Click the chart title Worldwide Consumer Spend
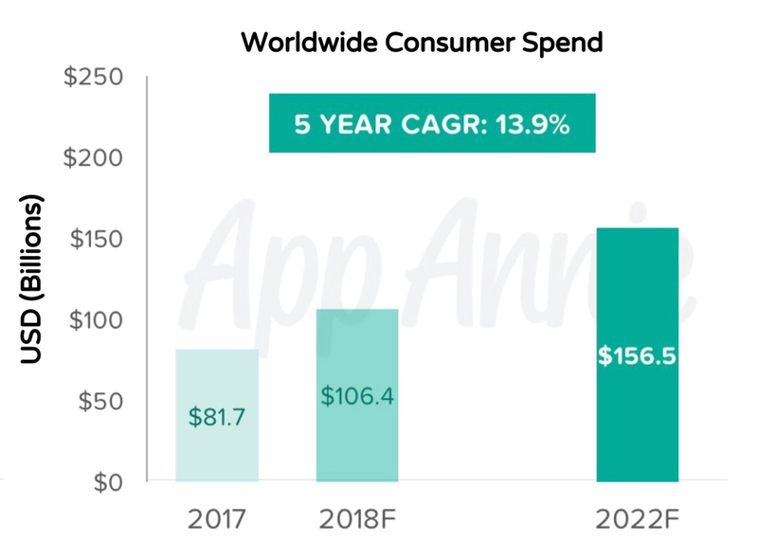pos(422,44)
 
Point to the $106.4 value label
pos(357,395)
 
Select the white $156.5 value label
pos(637,358)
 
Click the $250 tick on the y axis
pos(93,77)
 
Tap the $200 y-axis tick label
pos(93,157)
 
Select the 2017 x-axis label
pos(216,519)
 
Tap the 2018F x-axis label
pos(357,519)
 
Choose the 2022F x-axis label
pos(637,519)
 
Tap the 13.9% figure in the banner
pos(535,123)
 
